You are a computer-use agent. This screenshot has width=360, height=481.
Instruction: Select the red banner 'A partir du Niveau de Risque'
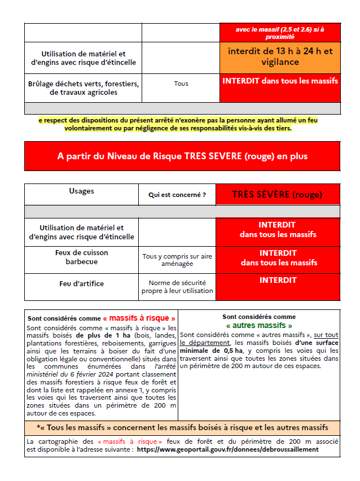(x=182, y=156)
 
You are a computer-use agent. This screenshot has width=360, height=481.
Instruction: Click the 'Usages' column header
(x=81, y=191)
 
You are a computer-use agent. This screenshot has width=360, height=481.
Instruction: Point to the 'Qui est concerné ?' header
(x=177, y=195)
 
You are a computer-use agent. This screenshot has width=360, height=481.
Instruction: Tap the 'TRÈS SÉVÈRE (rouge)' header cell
(x=277, y=195)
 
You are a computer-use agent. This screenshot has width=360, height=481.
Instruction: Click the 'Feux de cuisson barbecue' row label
(x=81, y=257)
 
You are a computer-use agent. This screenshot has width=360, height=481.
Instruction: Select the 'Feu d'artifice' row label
(x=81, y=283)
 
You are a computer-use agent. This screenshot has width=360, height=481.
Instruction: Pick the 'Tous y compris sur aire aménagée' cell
(x=177, y=260)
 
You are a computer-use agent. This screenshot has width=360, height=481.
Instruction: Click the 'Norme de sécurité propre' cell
(x=177, y=287)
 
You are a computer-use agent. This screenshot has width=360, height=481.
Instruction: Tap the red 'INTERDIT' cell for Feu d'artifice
(x=278, y=280)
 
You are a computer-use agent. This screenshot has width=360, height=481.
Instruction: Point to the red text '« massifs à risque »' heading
(x=139, y=318)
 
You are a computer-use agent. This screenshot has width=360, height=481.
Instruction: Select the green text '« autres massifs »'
(x=259, y=326)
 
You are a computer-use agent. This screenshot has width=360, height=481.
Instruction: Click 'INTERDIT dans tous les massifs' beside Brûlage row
(x=280, y=81)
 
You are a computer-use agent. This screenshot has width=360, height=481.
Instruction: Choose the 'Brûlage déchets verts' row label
(x=83, y=88)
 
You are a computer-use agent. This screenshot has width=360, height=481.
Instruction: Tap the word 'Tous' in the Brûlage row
(x=181, y=84)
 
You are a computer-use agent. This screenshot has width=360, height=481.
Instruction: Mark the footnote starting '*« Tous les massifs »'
(x=182, y=427)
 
